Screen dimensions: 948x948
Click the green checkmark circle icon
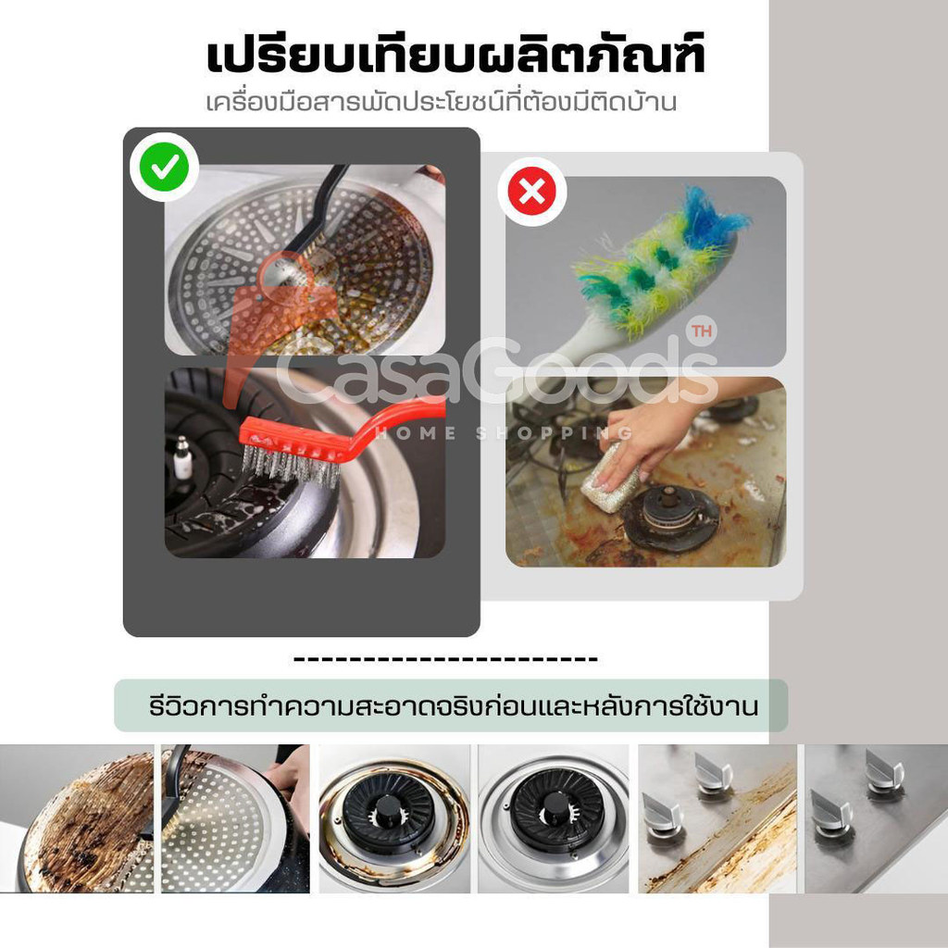tap(165, 167)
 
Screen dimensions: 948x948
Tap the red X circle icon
tap(532, 193)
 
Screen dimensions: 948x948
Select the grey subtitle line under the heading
tap(441, 102)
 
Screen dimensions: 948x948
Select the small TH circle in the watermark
tap(702, 331)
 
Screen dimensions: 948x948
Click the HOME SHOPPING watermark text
tap(503, 433)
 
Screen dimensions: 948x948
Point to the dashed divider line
tap(445, 658)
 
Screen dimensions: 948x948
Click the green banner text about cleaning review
tap(453, 706)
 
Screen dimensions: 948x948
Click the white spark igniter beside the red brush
tap(182, 457)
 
